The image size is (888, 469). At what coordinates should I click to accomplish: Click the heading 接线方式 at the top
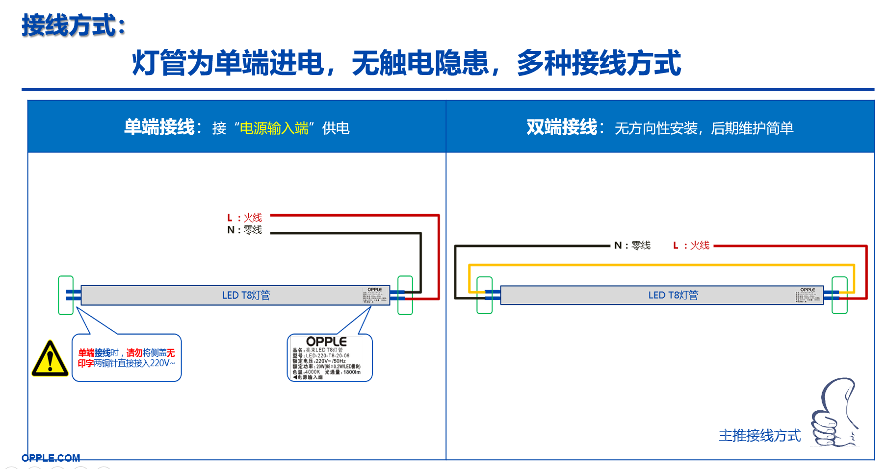(74, 25)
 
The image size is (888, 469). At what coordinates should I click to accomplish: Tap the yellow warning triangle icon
(50, 359)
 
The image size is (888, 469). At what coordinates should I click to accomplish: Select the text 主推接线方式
(759, 435)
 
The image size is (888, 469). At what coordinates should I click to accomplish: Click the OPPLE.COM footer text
(51, 458)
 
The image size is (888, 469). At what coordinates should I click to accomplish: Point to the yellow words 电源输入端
(274, 128)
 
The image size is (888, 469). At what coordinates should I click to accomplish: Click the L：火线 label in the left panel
(244, 218)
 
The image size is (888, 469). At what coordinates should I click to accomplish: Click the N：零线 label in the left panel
(244, 230)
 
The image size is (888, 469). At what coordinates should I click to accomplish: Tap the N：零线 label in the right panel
(632, 246)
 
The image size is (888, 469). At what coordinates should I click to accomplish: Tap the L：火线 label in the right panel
(691, 246)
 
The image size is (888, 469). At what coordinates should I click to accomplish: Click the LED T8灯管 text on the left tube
(246, 295)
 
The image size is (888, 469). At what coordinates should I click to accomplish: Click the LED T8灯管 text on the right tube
(673, 295)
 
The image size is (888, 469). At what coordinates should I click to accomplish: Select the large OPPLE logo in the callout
(326, 341)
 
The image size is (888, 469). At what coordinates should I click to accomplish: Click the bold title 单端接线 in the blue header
(159, 127)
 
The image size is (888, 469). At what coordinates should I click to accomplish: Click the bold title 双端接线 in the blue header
(562, 127)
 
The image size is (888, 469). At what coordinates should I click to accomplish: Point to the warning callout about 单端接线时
(127, 358)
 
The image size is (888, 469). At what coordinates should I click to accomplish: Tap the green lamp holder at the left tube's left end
(66, 295)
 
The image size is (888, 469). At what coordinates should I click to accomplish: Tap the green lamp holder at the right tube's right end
(839, 295)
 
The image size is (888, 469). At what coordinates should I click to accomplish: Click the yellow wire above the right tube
(662, 265)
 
